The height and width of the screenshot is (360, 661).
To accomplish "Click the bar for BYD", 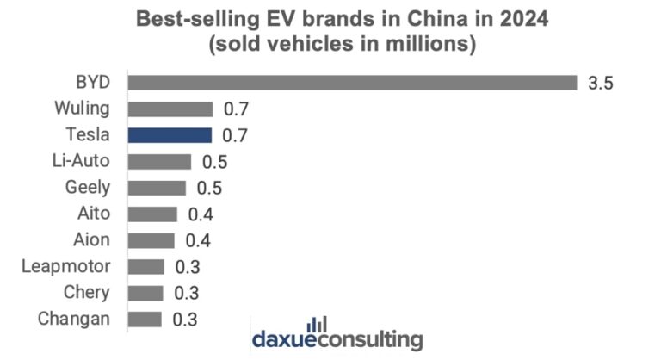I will pos(352,83).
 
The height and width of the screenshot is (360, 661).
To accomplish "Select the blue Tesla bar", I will pos(170,135).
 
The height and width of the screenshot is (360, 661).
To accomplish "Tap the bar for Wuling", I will pos(170,109).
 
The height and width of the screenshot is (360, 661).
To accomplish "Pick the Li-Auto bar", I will pos(159,161).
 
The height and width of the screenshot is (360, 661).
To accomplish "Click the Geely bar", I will pos(157,188).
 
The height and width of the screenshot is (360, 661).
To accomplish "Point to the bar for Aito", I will pos(152,214).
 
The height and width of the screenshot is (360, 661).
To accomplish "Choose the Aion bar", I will pos(151,240).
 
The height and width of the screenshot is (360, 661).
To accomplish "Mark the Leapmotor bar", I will pos(146,266).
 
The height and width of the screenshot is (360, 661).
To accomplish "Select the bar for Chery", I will pos(145,293).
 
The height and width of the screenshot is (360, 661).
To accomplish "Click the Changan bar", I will pos(145,319).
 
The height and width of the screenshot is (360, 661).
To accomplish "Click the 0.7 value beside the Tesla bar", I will pos(235,136).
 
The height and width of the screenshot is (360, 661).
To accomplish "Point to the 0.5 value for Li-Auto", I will pos(213,162).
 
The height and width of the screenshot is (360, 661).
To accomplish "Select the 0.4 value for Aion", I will pos(198,240).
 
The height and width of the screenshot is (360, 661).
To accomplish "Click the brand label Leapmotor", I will pos(66,266).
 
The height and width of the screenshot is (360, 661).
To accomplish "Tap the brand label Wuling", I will pos(81,109).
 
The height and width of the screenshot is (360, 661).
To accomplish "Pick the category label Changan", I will pos(74,319).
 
